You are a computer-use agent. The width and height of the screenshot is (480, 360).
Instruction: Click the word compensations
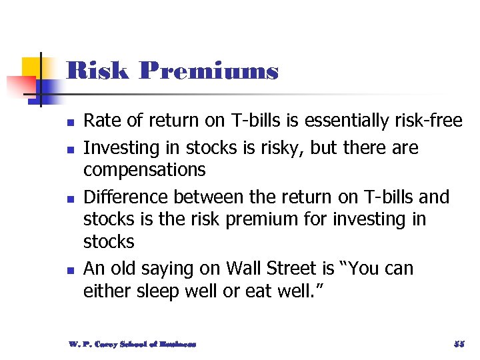[x=144, y=169]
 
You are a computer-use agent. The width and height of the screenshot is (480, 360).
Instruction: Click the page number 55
[x=459, y=344]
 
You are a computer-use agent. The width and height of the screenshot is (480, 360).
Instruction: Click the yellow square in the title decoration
[x=31, y=67]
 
